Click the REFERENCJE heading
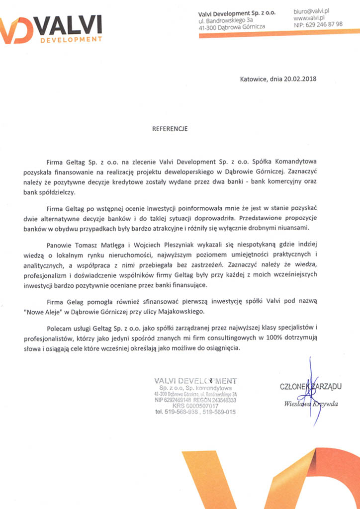pyautogui.click(x=170, y=128)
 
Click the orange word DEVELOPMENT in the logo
pyautogui.click(x=71, y=39)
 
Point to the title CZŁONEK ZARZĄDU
pyautogui.click(x=311, y=386)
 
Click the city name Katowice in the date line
pyautogui.click(x=253, y=79)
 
